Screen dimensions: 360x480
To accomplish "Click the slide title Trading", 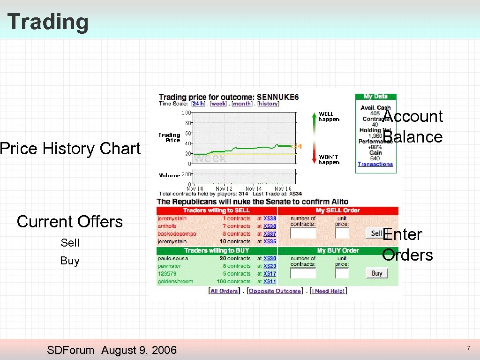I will (48, 22).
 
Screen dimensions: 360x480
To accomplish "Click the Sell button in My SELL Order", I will (375, 233).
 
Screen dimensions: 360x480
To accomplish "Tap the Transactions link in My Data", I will (375, 164).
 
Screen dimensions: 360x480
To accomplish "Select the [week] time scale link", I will (218, 104).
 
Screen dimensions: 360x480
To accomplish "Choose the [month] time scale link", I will (242, 104).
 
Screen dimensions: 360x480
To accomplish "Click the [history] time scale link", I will (268, 104).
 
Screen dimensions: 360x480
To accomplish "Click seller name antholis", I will (167, 226).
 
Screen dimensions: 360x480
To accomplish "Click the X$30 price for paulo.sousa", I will (270, 258).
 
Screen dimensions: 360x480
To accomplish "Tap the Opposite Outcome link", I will (275, 291).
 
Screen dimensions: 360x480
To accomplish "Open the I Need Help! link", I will (329, 291).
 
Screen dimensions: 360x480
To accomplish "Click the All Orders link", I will (224, 291).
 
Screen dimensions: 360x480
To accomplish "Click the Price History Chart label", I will (70, 149).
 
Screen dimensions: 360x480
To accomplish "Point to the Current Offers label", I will (69, 221).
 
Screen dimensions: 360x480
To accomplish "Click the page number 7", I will (468, 348).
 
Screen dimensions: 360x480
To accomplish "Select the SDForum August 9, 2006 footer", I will (112, 350).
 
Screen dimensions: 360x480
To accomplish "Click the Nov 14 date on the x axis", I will (254, 188).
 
